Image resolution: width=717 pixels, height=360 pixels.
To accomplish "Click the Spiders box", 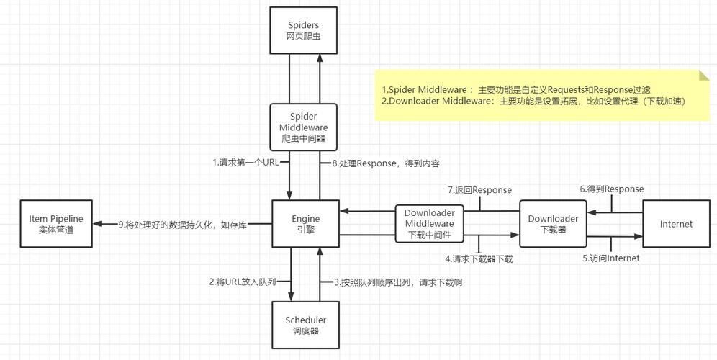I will [x=304, y=30].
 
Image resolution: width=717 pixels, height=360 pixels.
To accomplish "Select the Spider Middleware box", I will [x=304, y=127].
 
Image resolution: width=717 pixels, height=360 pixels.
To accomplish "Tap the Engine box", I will [x=305, y=224].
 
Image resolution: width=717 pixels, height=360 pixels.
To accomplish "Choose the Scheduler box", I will [x=305, y=325].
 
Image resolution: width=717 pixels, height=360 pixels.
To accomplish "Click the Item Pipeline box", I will [x=56, y=224].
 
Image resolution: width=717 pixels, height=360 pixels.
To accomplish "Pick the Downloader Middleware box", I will [x=429, y=224].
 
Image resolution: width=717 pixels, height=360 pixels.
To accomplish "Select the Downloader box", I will [x=553, y=224].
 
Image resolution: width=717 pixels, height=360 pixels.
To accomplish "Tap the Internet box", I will [x=676, y=224].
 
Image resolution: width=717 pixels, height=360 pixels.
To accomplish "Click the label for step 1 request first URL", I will [x=245, y=163].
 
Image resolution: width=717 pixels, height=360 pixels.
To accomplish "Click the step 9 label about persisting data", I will [x=183, y=225].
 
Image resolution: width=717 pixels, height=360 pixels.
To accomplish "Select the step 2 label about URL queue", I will [x=243, y=282].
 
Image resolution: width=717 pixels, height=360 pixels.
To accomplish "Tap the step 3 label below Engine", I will [x=397, y=282].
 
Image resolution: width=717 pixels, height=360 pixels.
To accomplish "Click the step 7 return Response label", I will [x=479, y=190].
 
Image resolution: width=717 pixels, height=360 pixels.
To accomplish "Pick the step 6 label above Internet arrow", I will [x=612, y=189].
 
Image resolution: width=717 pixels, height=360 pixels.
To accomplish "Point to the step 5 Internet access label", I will [x=610, y=258].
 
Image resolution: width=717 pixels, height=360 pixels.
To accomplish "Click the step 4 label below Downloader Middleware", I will [x=479, y=258].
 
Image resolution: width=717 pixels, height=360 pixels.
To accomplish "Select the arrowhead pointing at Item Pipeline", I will [x=98, y=224].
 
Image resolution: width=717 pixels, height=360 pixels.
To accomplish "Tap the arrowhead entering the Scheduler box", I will [x=292, y=297].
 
